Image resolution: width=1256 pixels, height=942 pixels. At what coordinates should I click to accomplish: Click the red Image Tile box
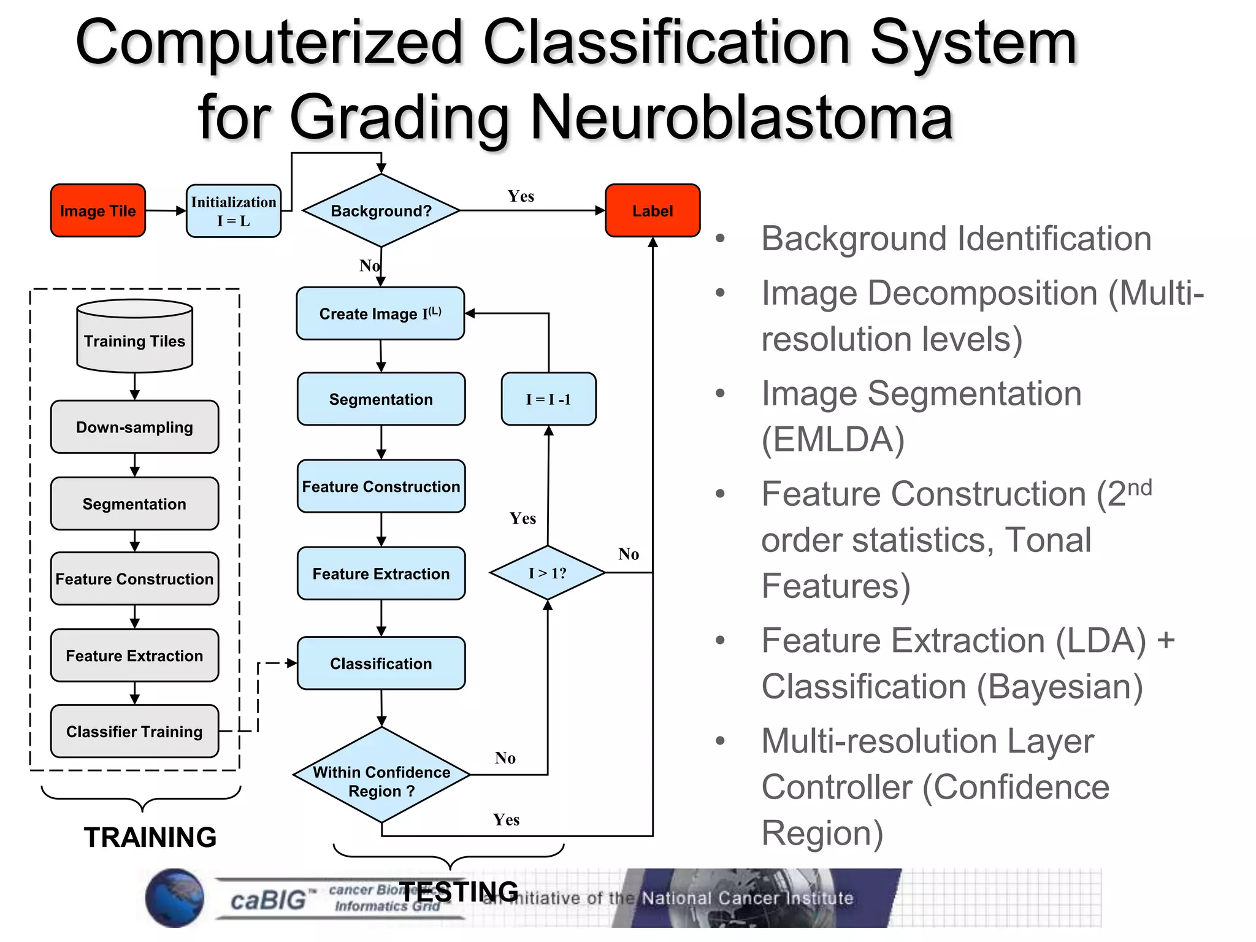98,210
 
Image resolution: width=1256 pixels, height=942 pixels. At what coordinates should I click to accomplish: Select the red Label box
653,210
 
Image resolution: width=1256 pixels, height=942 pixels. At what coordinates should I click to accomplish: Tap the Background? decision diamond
381,210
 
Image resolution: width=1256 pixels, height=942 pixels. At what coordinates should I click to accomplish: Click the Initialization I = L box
234,211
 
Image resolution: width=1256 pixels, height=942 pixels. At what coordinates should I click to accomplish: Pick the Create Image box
380,313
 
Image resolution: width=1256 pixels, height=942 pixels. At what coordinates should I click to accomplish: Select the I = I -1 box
548,399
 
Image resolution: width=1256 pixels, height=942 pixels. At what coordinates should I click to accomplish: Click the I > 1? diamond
548,573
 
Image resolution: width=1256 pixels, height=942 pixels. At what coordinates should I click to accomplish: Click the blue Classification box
381,663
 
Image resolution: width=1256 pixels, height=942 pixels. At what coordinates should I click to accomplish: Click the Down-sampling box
134,427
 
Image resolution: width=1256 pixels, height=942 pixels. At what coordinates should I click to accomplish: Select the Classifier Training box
134,731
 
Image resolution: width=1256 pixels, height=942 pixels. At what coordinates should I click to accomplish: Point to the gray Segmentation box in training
134,504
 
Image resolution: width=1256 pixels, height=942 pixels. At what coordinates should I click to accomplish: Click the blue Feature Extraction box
381,573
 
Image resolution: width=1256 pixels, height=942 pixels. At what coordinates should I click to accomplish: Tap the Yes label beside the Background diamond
521,196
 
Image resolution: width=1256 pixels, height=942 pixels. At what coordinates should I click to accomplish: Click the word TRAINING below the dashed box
150,837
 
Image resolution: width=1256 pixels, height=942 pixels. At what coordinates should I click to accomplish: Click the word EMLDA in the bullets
833,440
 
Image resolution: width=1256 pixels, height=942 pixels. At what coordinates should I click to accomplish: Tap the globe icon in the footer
175,898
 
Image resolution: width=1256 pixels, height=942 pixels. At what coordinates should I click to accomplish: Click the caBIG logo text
268,900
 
